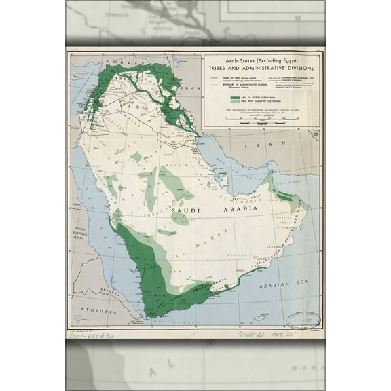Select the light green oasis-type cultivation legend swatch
click(x=236, y=104)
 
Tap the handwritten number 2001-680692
click(x=92, y=335)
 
